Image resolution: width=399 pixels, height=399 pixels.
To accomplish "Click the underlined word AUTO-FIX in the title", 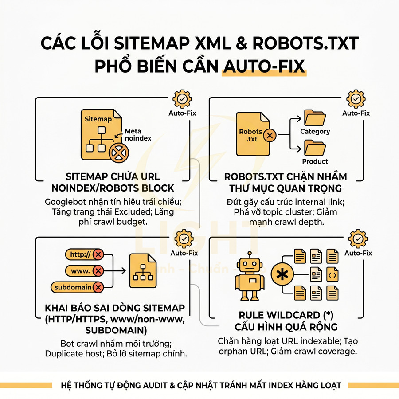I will (x=264, y=66).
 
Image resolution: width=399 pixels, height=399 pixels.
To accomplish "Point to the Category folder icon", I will (x=315, y=117).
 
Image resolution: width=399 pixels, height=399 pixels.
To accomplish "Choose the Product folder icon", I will (x=315, y=148).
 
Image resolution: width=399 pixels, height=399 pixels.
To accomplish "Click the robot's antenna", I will (x=250, y=254).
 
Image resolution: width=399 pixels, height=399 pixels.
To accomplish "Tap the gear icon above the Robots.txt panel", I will (x=356, y=99).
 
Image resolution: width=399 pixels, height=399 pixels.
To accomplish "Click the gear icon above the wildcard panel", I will (x=358, y=239).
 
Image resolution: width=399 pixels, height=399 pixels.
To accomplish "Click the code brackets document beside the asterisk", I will (x=332, y=274).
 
